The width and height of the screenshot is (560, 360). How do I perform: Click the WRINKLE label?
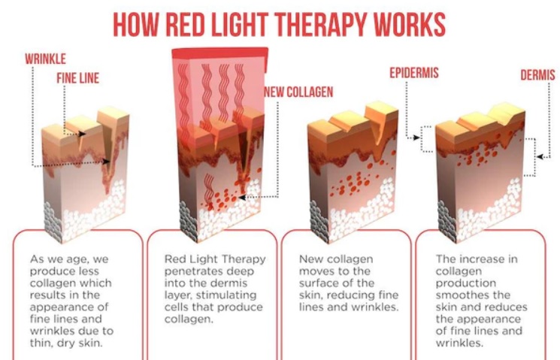click(45, 59)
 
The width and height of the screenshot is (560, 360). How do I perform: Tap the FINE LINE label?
click(78, 78)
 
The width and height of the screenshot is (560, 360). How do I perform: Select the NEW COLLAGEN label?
click(298, 92)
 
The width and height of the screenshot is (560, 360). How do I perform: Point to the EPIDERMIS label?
click(414, 73)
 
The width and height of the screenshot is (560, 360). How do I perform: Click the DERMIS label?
click(537, 75)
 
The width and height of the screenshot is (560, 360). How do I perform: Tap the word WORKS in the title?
click(410, 24)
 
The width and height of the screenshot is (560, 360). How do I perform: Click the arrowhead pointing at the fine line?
click(82, 134)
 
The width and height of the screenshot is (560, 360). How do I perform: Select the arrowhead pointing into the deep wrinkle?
click(106, 162)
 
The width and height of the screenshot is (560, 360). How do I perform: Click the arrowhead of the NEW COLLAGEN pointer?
click(242, 197)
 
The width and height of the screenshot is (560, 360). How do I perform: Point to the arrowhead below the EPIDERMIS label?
click(416, 138)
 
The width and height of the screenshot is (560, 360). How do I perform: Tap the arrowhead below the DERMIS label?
click(540, 157)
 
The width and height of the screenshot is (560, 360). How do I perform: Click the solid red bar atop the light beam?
click(220, 53)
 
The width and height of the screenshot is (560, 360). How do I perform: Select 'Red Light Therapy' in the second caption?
click(215, 259)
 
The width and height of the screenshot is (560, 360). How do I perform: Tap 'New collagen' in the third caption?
click(336, 259)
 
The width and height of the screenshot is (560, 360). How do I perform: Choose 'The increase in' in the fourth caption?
click(477, 259)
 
